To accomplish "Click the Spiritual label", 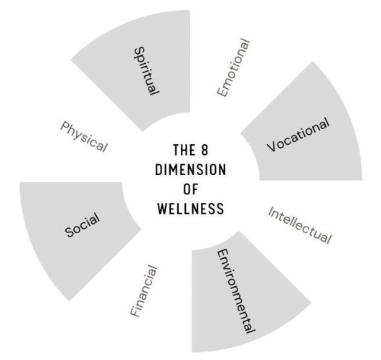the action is click(x=146, y=71).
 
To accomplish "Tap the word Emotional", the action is click(x=233, y=67).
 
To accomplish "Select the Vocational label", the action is click(x=298, y=135).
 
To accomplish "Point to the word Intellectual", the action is click(x=300, y=225).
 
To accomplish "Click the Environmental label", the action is click(x=235, y=291).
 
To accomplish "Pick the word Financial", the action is click(x=144, y=291).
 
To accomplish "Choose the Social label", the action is click(x=83, y=225).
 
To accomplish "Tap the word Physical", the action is click(x=84, y=137).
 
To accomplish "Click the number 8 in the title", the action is click(x=204, y=150).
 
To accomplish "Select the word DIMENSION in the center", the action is click(x=191, y=169).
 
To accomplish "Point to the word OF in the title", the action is click(x=191, y=189).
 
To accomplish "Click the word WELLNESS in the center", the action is click(x=191, y=209).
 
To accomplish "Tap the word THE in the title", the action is click(x=184, y=150).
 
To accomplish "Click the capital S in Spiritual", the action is click(x=140, y=52).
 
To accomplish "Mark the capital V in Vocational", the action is click(x=272, y=146).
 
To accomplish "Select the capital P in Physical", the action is click(x=65, y=126).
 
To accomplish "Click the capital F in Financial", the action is click(x=135, y=312).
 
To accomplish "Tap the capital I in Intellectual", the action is click(x=271, y=210).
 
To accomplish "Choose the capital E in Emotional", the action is click(x=222, y=92).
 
